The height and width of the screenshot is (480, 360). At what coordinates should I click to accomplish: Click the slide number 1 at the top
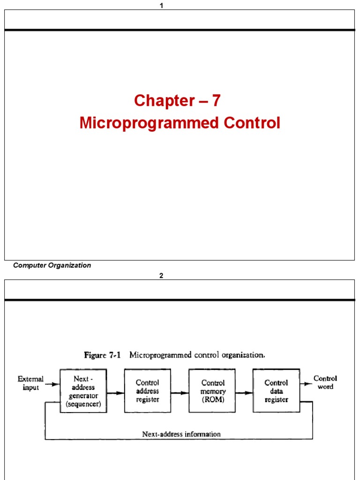[x=161, y=6]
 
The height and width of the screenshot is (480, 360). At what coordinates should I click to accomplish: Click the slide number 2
[x=161, y=276]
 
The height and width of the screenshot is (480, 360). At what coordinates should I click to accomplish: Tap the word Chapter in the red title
[x=164, y=100]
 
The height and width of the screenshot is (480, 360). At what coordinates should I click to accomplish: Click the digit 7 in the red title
[x=216, y=100]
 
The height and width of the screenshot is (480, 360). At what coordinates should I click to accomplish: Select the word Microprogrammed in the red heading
[x=150, y=123]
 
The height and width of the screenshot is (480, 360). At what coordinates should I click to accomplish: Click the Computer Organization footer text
[x=52, y=265]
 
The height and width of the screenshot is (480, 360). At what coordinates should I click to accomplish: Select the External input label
[x=30, y=383]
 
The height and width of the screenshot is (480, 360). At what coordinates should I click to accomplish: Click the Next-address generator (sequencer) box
[x=83, y=391]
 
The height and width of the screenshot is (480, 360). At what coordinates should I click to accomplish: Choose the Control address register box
[x=148, y=391]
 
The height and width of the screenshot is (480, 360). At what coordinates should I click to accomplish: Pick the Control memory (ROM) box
[x=213, y=391]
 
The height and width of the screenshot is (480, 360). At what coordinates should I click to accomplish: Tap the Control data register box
[x=276, y=391]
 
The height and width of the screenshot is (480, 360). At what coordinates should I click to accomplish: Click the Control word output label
[x=325, y=382]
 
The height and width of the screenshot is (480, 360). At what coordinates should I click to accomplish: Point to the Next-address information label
[x=181, y=434]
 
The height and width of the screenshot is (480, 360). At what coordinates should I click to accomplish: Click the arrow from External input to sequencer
[x=52, y=384]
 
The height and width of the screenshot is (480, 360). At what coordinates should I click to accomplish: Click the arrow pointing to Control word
[x=306, y=384]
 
